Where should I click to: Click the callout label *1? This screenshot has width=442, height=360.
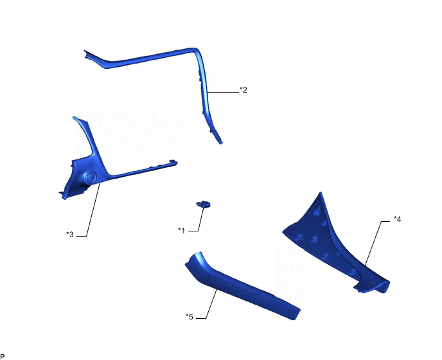(x=182, y=231)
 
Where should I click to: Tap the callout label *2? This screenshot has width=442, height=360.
(x=243, y=90)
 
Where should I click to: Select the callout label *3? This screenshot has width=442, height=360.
(x=70, y=234)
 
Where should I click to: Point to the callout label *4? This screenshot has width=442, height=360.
(x=397, y=219)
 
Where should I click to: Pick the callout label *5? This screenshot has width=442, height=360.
(x=190, y=317)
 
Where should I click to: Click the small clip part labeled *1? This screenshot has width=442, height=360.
(x=204, y=204)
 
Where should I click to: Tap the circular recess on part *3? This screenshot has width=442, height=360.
(x=91, y=176)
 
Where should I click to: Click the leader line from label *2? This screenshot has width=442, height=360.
(x=223, y=92)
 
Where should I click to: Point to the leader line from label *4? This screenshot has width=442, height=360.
(x=375, y=242)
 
